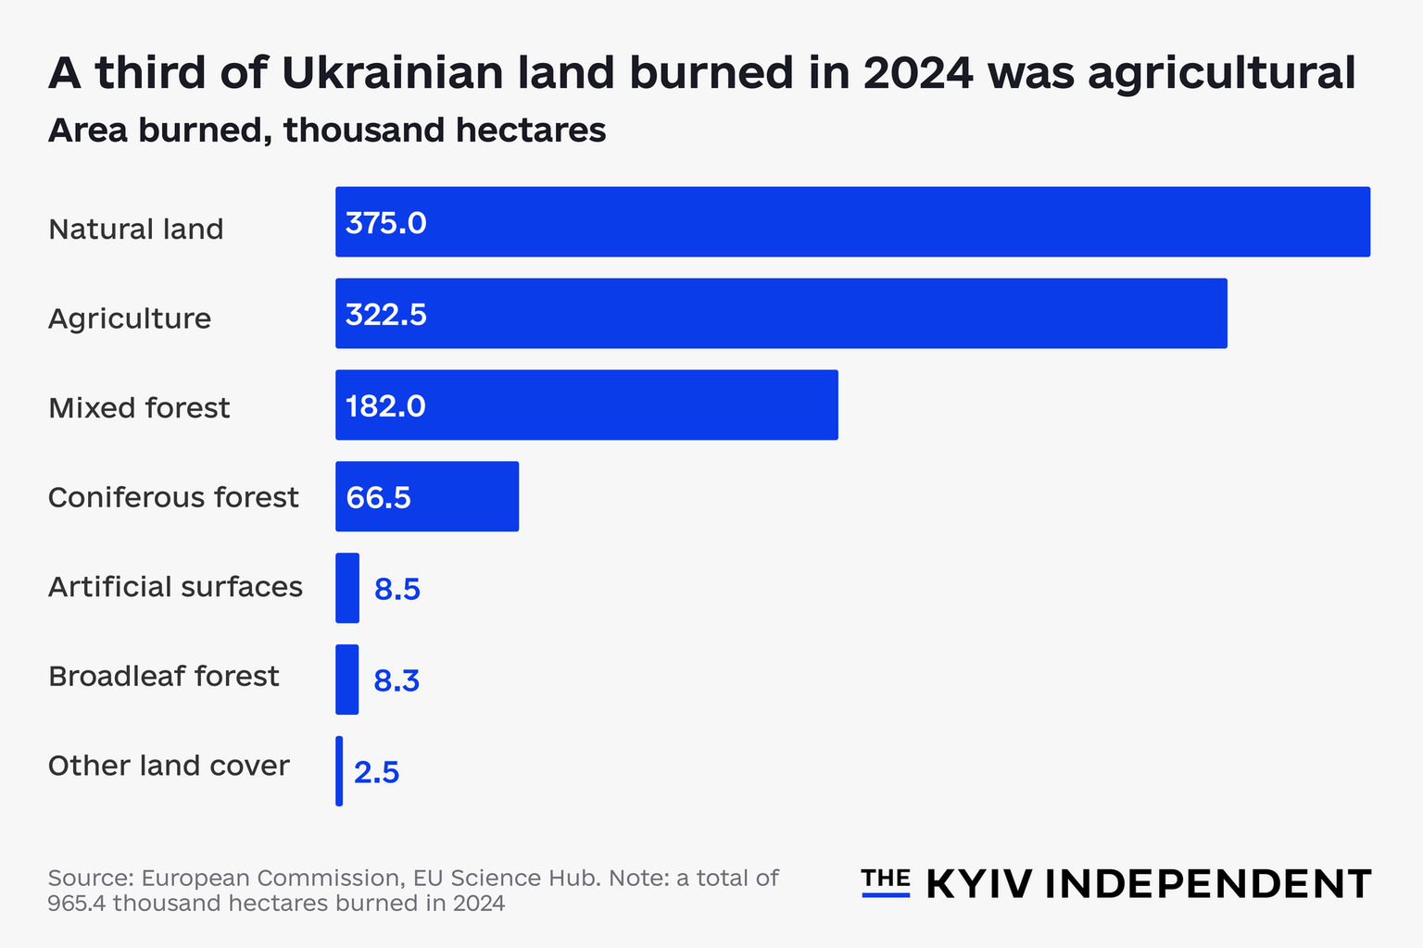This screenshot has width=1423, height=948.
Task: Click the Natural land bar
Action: tap(852, 222)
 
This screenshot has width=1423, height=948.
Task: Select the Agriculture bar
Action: tap(781, 314)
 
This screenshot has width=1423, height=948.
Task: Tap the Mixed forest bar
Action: tap(586, 405)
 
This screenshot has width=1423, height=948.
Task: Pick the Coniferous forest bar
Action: tap(427, 497)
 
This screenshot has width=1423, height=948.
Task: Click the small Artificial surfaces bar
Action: tap(347, 588)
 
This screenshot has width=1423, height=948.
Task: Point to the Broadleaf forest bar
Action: tap(347, 680)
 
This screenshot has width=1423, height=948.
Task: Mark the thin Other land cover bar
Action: tap(339, 771)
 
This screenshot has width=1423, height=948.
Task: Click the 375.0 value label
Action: tap(385, 223)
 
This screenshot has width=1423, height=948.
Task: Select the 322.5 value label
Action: tap(385, 315)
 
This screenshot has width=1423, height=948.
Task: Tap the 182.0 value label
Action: tap(385, 406)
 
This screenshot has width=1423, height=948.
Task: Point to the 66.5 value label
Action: tap(378, 498)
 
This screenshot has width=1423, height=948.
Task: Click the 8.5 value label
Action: tap(397, 589)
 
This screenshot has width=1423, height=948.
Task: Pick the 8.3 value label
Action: tap(397, 680)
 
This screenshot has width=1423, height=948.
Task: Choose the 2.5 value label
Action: tap(376, 772)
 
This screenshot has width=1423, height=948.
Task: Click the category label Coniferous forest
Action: tap(173, 497)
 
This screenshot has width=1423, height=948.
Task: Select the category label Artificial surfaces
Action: tap(175, 587)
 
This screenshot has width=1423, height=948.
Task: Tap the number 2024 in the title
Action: tap(918, 73)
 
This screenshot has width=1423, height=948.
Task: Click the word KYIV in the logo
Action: tap(979, 884)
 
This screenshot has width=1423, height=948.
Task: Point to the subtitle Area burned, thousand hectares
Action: tap(327, 131)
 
